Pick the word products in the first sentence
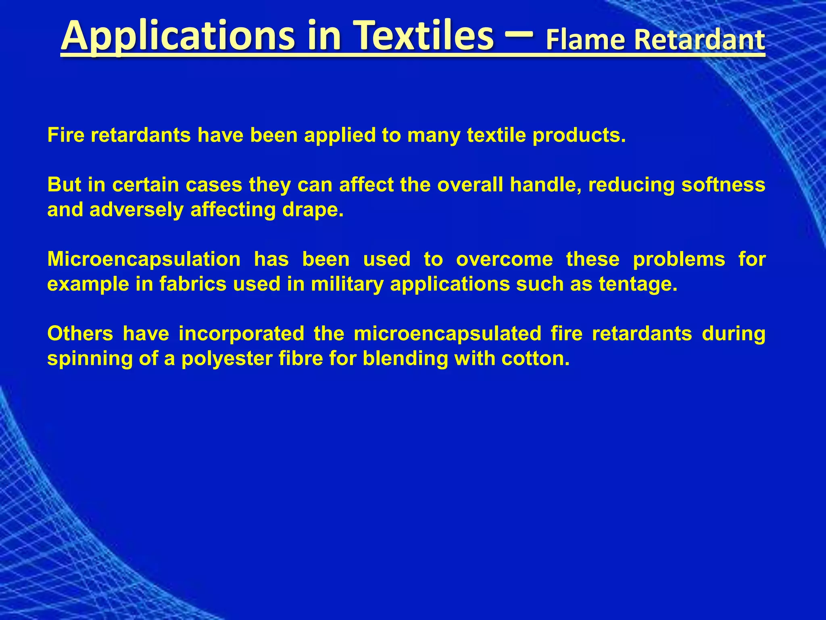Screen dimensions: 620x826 coord(579,135)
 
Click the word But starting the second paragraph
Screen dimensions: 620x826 coord(64,185)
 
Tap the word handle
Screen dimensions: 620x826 coord(545,185)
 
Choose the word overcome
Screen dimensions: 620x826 coord(505,260)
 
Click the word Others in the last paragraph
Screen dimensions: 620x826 coord(80,334)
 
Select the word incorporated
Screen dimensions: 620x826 coord(242,334)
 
